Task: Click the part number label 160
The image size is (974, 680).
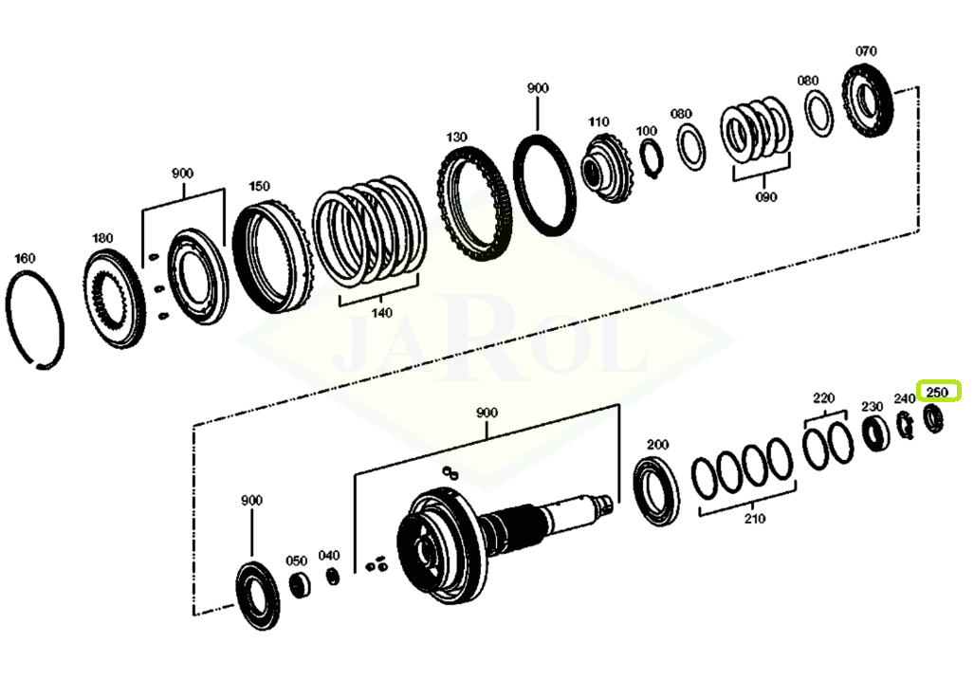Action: (25, 258)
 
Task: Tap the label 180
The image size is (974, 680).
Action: (102, 238)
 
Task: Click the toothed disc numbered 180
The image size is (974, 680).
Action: (115, 298)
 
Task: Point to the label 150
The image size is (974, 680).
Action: (259, 186)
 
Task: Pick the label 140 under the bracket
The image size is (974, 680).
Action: (381, 313)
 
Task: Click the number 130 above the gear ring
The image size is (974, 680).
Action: (456, 138)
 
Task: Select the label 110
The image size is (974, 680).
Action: (598, 121)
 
